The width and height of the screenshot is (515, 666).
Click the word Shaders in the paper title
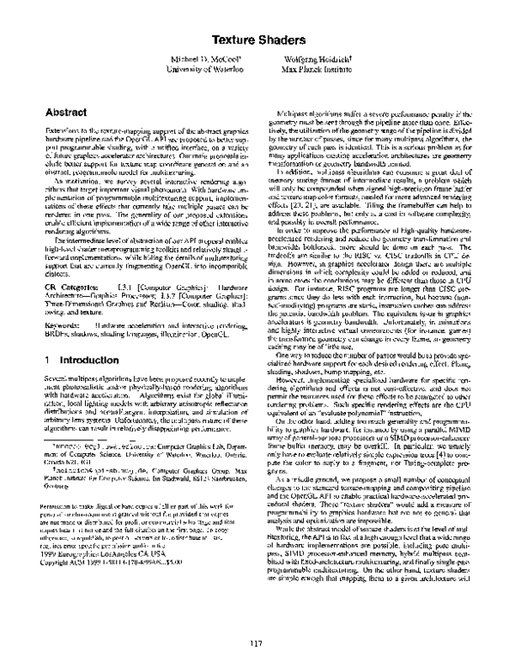(280, 39)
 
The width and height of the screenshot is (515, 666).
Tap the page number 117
(256, 642)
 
